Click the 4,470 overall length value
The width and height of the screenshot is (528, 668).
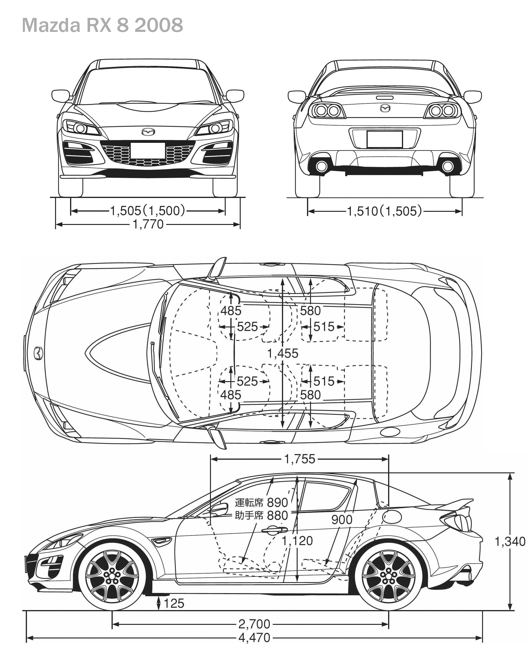click(254, 638)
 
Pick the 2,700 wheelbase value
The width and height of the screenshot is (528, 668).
click(254, 624)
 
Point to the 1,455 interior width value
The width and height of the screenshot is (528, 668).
click(283, 353)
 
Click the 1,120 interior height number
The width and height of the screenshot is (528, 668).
click(297, 541)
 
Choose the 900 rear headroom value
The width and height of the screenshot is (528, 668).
click(342, 520)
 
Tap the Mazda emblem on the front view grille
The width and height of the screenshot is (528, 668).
click(148, 132)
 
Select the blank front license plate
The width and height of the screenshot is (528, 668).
click(148, 151)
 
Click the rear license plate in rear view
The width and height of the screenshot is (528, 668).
click(385, 139)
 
